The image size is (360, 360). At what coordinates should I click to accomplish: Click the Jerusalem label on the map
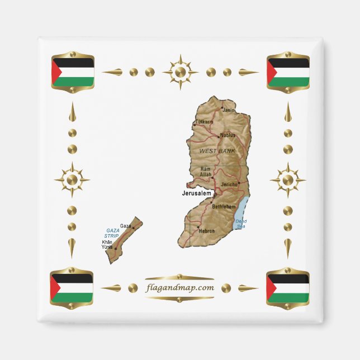197,193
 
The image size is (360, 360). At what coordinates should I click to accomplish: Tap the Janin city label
229,110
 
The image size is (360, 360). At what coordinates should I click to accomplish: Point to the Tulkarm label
204,121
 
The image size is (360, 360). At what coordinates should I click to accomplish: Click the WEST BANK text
217,151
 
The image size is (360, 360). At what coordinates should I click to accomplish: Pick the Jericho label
230,184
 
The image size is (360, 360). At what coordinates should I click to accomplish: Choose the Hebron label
207,230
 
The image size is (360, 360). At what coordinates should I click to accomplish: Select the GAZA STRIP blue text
113,233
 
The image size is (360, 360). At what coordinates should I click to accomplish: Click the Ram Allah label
206,172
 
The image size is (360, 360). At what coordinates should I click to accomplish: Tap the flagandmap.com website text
179,288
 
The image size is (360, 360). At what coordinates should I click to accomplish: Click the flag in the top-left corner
72,71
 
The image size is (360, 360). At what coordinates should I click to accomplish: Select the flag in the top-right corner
288,72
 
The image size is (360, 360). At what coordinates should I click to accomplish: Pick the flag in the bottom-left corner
72,286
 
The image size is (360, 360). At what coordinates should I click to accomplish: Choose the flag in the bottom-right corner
287,287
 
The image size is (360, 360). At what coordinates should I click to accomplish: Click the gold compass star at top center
180,72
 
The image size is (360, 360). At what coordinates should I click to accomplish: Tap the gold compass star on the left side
72,180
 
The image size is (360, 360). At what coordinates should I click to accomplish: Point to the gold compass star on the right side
287,180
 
